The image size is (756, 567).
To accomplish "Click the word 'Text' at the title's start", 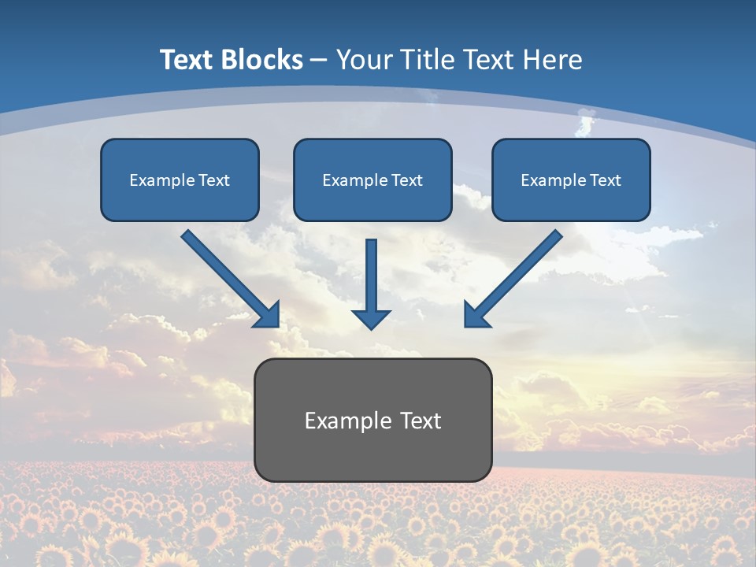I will [x=190, y=60].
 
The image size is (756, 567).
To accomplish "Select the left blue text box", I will [x=180, y=180].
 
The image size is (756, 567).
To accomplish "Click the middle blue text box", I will [x=372, y=180].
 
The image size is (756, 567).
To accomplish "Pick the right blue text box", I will [x=571, y=180].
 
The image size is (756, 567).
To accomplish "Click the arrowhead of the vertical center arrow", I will [x=371, y=319].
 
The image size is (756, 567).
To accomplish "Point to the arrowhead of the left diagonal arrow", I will [x=268, y=315].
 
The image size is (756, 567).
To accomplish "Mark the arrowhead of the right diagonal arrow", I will [x=476, y=315].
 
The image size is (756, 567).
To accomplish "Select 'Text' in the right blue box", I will [x=606, y=180].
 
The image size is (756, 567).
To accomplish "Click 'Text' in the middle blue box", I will [x=407, y=180].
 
